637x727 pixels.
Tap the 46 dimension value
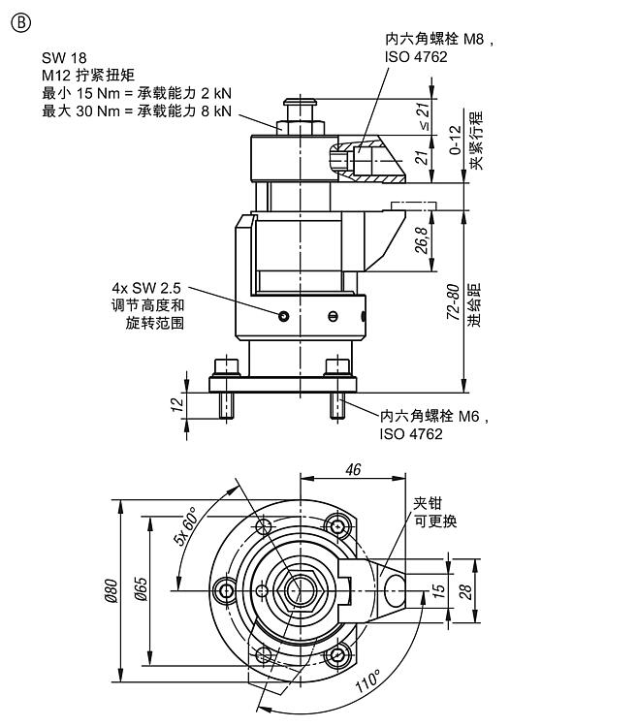pos(353,469)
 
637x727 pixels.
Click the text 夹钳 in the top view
pos(428,503)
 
